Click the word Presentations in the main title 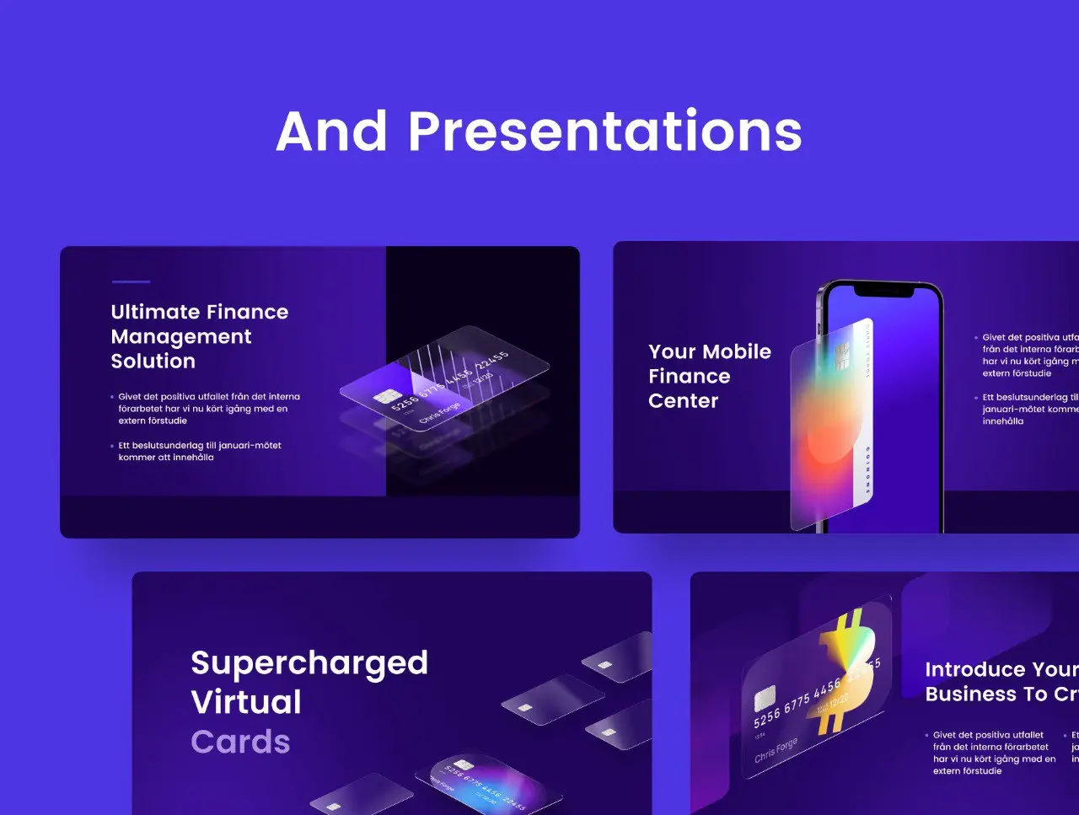[604, 132]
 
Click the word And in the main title [332, 132]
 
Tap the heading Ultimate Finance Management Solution [199, 336]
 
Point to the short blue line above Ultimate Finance [131, 281]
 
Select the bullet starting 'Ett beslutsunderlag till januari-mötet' [200, 451]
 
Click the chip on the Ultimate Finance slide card [387, 396]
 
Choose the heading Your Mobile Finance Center [709, 376]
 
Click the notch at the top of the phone [883, 290]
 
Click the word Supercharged [309, 663]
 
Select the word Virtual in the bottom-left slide [246, 702]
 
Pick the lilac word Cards [240, 742]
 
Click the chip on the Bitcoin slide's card [765, 698]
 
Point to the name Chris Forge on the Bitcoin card [776, 749]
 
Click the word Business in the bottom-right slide [969, 694]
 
